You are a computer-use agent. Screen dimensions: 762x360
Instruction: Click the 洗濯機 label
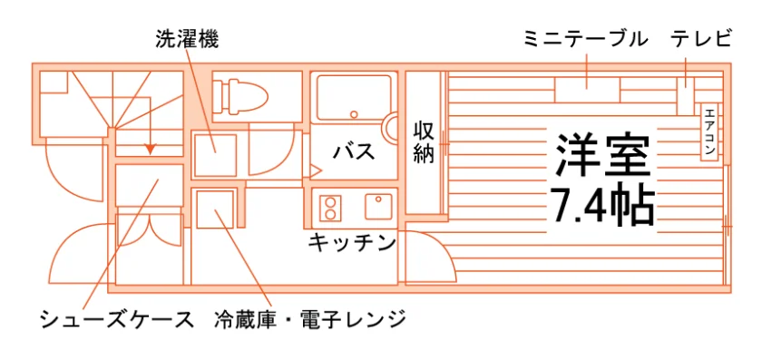pos(187,40)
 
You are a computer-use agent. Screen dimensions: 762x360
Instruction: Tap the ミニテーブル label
pos(586,40)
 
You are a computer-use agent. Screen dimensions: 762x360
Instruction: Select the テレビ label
pos(701,40)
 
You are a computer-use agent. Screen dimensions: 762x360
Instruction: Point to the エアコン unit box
pos(709,131)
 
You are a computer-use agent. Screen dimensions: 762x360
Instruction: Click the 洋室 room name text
pos(602,154)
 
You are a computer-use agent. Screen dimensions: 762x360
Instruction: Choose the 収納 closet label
pos(424,141)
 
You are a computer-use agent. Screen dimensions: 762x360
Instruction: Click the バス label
pos(355,151)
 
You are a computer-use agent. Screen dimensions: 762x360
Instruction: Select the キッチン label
pos(352,242)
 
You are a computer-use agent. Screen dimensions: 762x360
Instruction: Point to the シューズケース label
pos(117,320)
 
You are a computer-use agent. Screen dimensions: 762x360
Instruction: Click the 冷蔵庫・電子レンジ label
pos(310,320)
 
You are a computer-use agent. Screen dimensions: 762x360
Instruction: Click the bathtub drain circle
pos(355,114)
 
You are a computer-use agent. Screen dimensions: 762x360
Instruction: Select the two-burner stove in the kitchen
pos(330,208)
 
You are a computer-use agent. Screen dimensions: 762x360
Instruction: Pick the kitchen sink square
pos(379,207)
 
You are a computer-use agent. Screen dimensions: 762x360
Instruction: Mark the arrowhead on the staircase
pos(151,149)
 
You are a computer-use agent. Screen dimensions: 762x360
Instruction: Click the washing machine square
pos(215,155)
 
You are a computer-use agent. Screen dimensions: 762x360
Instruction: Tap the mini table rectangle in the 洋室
pos(587,91)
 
